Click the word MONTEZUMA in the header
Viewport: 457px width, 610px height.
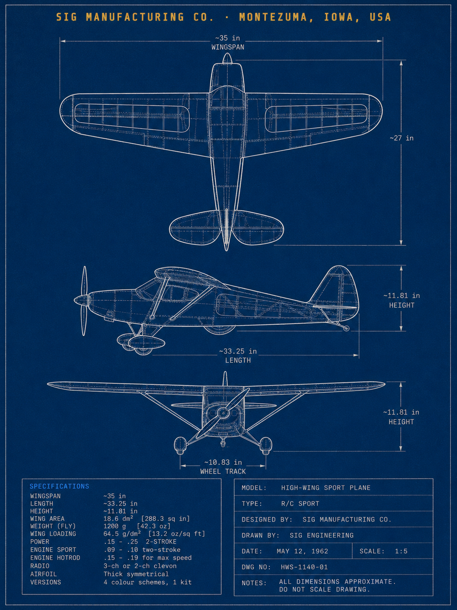273,17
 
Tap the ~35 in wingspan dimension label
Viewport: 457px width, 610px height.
228,38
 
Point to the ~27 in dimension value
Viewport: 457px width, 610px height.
401,138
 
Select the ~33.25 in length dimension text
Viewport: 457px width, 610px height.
238,351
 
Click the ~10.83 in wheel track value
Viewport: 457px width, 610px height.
223,463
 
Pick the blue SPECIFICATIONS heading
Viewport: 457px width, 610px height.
59,486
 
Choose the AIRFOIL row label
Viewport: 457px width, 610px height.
44,574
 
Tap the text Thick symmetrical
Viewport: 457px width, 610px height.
136,574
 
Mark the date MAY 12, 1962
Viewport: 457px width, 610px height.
303,551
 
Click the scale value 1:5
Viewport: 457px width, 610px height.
401,551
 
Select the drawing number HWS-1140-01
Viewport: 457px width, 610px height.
304,567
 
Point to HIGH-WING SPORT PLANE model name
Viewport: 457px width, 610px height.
326,488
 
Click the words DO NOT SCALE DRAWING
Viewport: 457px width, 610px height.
324,589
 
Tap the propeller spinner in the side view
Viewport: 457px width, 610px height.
81,300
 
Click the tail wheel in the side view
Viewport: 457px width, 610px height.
346,329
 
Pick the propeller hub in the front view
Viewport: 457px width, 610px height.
222,412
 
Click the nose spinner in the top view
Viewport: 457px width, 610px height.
227,59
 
